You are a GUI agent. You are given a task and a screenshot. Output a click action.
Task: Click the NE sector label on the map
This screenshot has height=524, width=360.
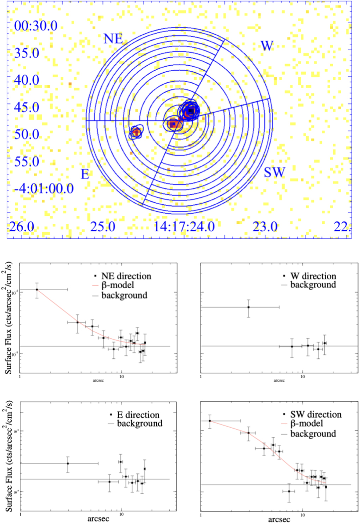(x=113, y=38)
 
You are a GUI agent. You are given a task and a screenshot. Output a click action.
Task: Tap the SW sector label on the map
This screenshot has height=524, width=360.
(x=274, y=172)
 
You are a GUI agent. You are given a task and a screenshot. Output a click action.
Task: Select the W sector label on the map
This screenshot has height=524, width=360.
(x=267, y=46)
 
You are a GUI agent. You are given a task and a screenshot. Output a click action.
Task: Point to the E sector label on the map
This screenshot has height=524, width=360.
(x=85, y=174)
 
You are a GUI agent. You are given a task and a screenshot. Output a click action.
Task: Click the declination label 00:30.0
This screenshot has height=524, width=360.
(x=36, y=26)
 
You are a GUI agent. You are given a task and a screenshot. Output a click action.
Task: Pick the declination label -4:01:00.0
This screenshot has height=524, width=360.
(x=44, y=188)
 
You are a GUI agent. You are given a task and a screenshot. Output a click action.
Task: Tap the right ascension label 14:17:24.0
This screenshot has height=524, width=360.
(x=184, y=226)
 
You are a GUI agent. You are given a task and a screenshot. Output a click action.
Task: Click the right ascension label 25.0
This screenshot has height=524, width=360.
(x=103, y=226)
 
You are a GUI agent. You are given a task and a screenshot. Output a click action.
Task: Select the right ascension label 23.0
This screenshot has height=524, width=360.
(x=265, y=226)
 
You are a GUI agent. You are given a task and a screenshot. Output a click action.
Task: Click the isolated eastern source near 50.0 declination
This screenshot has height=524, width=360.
(x=136, y=132)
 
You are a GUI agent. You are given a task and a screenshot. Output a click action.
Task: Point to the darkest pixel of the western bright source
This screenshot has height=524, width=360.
(x=191, y=111)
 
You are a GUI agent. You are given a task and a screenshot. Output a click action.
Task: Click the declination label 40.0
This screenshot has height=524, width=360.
(x=27, y=80)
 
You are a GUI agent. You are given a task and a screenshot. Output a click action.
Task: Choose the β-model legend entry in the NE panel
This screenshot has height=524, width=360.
(x=118, y=285)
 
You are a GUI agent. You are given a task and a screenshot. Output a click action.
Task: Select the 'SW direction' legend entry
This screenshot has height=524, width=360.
(x=316, y=414)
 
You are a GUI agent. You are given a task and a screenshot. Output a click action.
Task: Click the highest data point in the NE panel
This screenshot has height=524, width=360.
(x=37, y=290)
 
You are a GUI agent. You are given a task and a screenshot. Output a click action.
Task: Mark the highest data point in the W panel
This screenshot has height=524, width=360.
(x=248, y=307)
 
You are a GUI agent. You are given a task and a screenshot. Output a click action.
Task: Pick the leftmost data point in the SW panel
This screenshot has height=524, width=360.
(x=210, y=421)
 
